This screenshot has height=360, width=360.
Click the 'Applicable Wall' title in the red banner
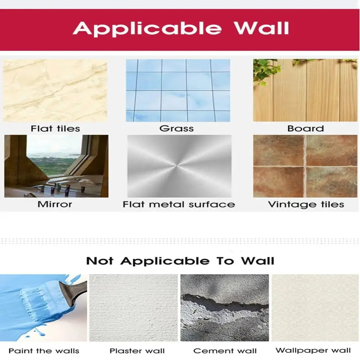click(181, 28)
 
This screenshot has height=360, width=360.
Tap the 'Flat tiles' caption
click(55, 129)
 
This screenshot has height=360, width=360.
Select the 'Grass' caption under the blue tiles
click(176, 129)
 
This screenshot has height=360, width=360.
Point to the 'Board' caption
click(306, 129)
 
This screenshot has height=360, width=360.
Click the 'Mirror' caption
click(55, 204)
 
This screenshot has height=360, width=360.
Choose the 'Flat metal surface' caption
click(179, 204)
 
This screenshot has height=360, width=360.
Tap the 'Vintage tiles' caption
click(306, 204)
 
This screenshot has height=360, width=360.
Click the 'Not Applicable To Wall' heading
click(180, 261)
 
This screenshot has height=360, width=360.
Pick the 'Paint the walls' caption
click(44, 351)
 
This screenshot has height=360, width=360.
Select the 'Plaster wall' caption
click(137, 351)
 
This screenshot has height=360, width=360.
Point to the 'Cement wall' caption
click(225, 351)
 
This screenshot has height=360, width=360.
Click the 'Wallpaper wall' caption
click(313, 350)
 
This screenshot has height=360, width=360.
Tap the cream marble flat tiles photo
click(55, 90)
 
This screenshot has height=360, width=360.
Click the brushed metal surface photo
click(179, 166)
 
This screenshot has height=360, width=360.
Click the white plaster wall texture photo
click(134, 308)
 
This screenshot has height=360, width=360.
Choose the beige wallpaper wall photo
click(315, 308)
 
